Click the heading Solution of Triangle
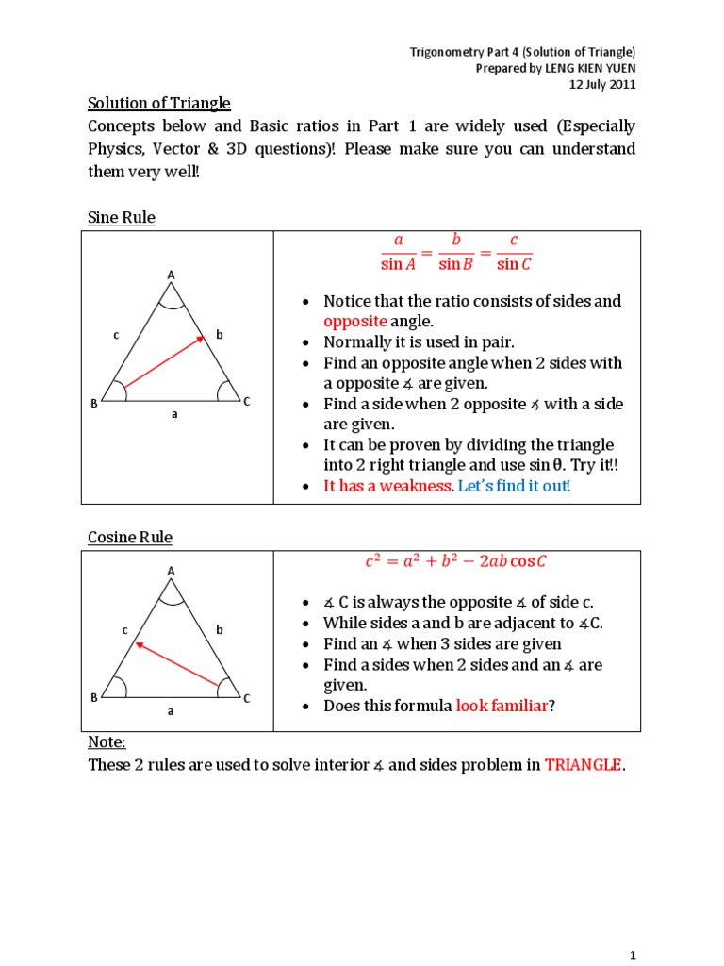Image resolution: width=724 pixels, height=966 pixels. click(158, 103)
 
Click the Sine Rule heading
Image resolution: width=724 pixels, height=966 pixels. click(122, 218)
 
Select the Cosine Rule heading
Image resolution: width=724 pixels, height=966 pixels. click(130, 538)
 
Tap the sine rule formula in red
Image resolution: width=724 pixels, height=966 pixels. click(456, 252)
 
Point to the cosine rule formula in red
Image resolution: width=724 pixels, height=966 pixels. click(456, 562)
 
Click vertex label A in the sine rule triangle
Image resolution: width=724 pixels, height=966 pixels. click(172, 275)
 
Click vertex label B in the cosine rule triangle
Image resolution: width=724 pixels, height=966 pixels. click(94, 698)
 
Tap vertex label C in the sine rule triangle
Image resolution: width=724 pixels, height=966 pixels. click(247, 403)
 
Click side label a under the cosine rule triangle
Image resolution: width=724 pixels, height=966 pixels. click(172, 711)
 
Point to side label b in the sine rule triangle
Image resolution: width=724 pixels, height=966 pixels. click(219, 334)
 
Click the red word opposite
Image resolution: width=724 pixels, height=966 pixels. click(355, 322)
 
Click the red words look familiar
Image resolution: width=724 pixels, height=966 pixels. click(502, 706)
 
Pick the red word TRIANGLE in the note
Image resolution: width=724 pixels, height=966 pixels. click(583, 765)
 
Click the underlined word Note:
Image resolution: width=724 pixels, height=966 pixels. click(107, 743)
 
